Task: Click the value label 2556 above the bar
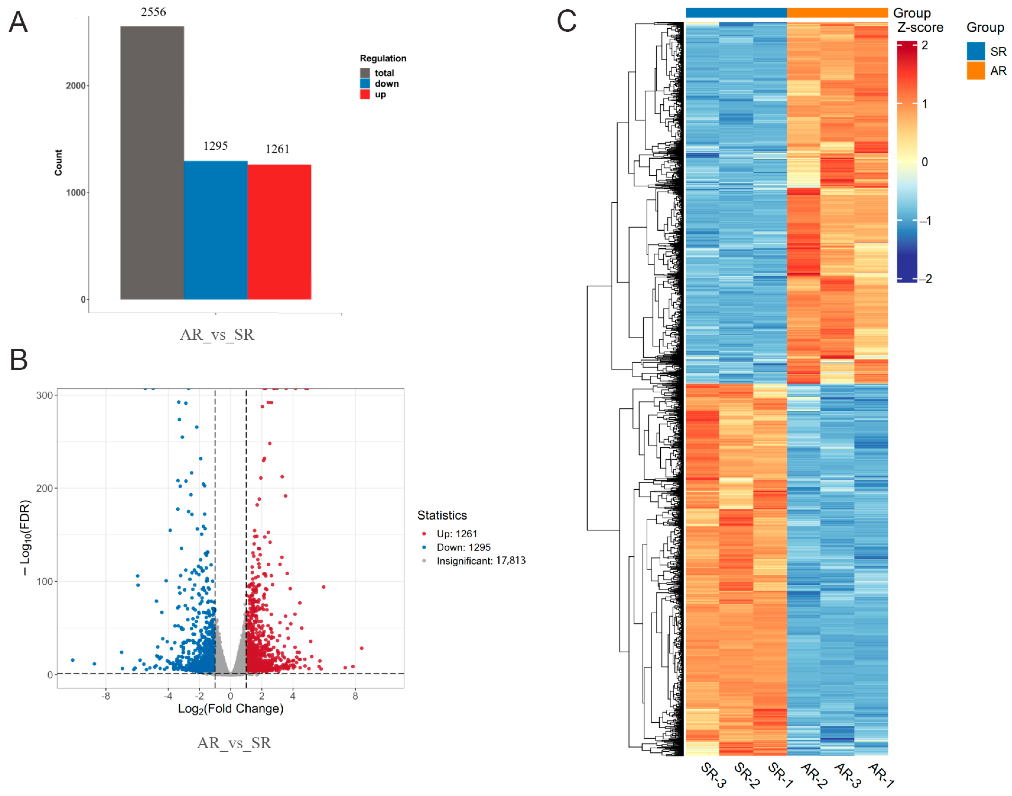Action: tap(153, 12)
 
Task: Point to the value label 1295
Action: tap(215, 146)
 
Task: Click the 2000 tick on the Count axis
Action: tap(75, 86)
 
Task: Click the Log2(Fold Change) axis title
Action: tap(231, 709)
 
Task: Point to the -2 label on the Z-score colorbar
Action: tap(925, 279)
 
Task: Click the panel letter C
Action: tap(567, 21)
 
